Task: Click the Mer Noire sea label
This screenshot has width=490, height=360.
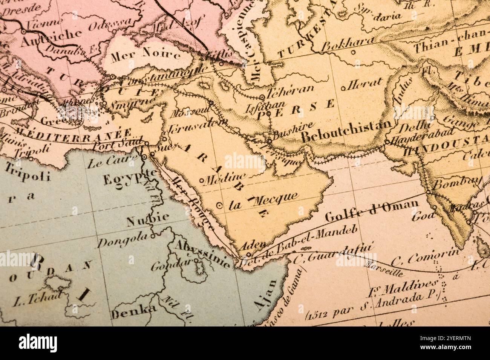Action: tap(145, 55)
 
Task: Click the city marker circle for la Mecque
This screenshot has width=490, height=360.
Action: tap(219, 205)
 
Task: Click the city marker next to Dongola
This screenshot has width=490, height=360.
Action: tap(153, 236)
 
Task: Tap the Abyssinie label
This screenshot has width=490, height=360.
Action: tap(201, 253)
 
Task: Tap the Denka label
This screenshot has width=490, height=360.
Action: tap(133, 311)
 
